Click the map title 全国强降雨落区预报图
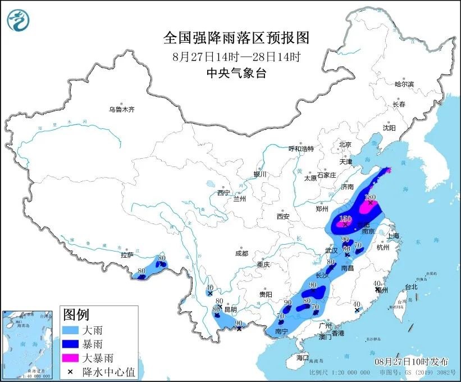coord(236,38)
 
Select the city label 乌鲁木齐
coord(122,110)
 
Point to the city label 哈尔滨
coord(404,84)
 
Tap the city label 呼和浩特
coord(301,149)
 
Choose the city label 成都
coord(242,253)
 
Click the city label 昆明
coord(230,309)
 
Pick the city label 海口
coord(303,358)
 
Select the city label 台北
coord(411,286)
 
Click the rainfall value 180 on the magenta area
coord(369,197)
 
